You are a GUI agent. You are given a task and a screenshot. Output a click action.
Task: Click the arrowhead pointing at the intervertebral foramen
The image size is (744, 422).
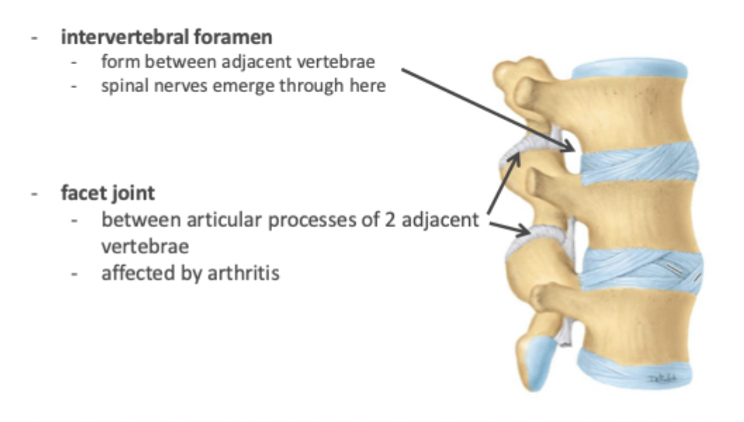coord(572,147)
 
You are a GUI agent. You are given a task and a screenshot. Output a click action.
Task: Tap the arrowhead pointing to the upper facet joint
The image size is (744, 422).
coord(515,155)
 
